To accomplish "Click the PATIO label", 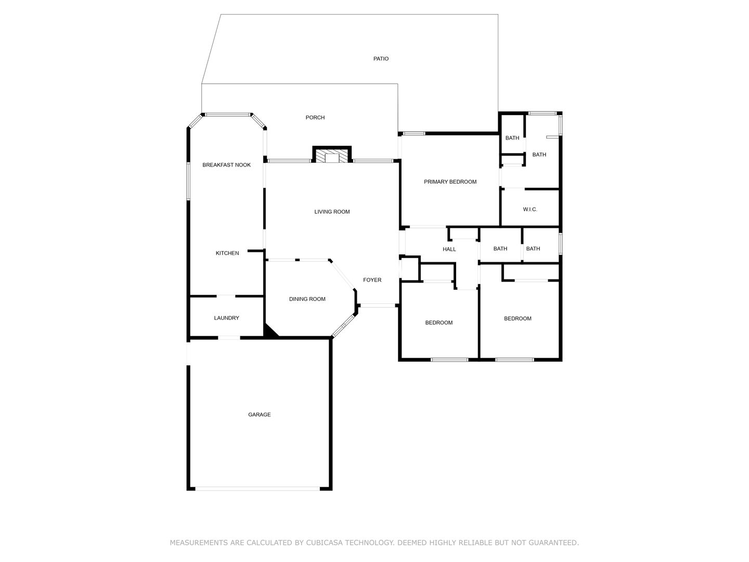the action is (x=381, y=59).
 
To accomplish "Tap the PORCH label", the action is (x=315, y=118).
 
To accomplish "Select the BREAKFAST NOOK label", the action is (x=226, y=165).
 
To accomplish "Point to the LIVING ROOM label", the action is (x=332, y=212).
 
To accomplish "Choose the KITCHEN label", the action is (x=227, y=253).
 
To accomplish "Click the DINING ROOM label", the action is (x=307, y=299).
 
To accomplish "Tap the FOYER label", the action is (x=372, y=280).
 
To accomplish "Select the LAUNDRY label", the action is (x=226, y=318).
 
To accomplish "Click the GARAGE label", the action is (x=260, y=415).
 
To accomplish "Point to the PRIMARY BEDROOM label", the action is (x=450, y=182).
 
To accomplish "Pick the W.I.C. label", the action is (x=530, y=209).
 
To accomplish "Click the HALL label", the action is (x=449, y=249).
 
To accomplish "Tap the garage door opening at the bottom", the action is (x=257, y=489).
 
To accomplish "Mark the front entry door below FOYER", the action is (x=378, y=305).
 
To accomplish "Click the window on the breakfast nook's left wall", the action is (x=188, y=181).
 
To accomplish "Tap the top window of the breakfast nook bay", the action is (x=227, y=114).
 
